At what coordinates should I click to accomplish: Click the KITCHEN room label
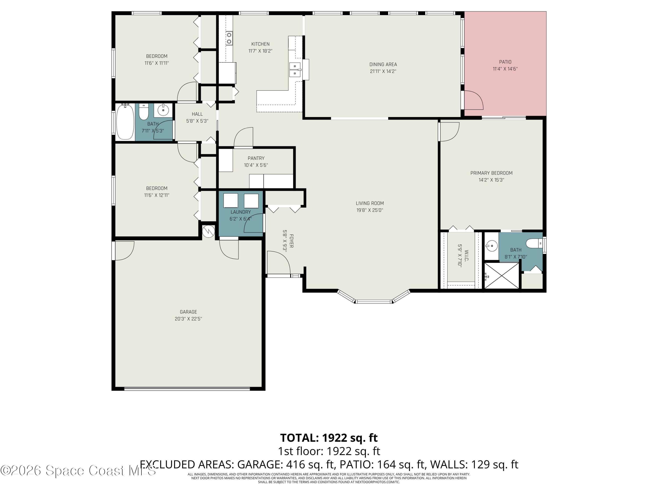coord(260,44)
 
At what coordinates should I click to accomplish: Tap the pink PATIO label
coord(505,62)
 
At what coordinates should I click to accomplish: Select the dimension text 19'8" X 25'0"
coord(370,210)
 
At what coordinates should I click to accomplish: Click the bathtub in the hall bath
coord(125,122)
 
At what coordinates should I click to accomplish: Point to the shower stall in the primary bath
coord(502,275)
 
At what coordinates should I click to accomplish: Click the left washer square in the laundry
coord(231,200)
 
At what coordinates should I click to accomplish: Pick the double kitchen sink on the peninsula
coord(295,69)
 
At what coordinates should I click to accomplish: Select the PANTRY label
coord(256,158)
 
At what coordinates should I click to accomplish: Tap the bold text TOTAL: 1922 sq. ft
coord(329,438)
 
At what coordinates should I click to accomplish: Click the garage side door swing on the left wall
coord(124,250)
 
